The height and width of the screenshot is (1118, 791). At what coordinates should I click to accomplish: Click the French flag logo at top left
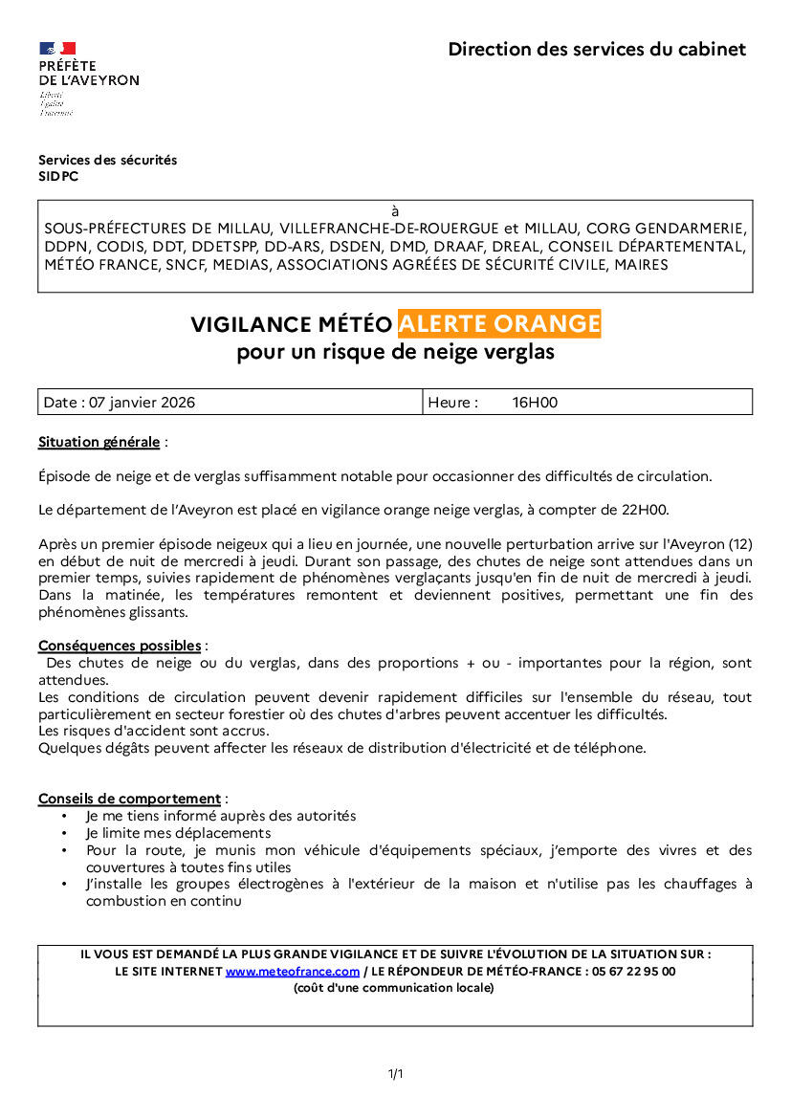tap(57, 49)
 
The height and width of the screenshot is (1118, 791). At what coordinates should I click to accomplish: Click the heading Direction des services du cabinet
tap(597, 50)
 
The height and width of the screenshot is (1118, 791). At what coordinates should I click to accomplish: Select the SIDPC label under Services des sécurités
tap(58, 176)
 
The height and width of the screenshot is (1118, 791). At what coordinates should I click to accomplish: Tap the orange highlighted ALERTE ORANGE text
tap(499, 324)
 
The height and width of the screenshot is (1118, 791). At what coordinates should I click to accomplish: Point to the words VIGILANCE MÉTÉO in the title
tap(291, 325)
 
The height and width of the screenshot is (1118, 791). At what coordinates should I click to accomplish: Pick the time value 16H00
tap(535, 403)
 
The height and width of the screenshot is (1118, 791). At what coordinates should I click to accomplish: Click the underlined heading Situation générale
tap(99, 442)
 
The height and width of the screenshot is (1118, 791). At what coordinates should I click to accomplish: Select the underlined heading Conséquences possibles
tap(120, 646)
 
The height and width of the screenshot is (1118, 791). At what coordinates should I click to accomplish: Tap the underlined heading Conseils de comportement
tap(129, 799)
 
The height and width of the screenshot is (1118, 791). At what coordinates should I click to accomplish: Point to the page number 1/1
tap(395, 1074)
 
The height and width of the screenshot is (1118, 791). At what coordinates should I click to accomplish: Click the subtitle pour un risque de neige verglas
tap(395, 352)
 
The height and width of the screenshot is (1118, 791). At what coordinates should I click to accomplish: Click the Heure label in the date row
tap(452, 403)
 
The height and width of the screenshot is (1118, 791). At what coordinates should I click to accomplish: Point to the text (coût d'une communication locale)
tap(395, 988)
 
